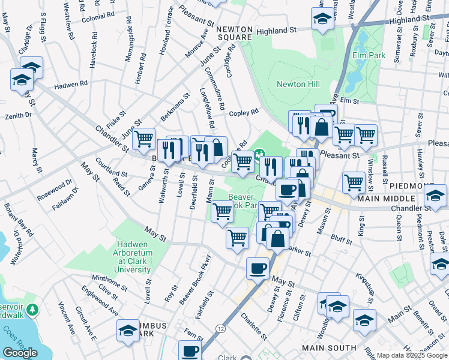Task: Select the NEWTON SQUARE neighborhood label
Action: [234, 32]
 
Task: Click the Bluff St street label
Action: [340, 239]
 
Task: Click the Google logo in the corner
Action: [20, 353]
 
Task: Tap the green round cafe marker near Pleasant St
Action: [260, 155]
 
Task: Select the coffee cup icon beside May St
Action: [258, 267]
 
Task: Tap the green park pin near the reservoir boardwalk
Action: [34, 310]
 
